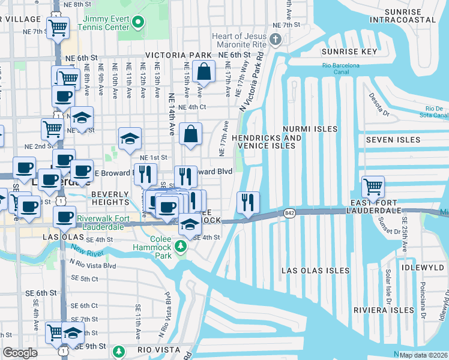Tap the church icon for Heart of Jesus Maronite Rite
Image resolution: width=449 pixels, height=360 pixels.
pyautogui.click(x=276, y=41)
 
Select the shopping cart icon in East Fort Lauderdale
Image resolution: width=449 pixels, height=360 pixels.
pyautogui.click(x=373, y=187)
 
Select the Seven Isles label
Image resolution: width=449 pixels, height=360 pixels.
pyautogui.click(x=388, y=140)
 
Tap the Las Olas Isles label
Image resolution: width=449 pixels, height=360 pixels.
pyautogui.click(x=316, y=271)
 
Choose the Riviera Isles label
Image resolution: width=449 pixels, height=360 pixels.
pyautogui.click(x=382, y=310)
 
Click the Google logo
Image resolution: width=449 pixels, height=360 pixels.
pyautogui.click(x=20, y=353)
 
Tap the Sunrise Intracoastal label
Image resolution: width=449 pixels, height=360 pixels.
pyautogui.click(x=403, y=15)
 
